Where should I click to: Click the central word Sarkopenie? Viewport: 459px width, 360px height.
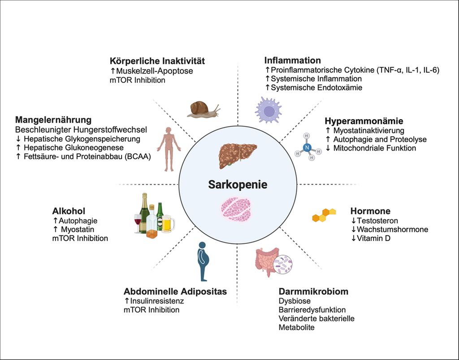pos(238,184)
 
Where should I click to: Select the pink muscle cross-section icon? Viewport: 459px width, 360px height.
pos(236,210)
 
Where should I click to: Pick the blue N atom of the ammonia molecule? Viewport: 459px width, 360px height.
pos(307,146)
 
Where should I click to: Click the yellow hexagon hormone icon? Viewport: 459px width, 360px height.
pos(324,216)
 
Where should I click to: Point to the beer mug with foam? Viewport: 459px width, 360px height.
pos(168,223)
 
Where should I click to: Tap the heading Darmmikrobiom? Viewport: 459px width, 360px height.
pos(313,292)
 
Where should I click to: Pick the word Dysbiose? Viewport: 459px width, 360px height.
pos(294,301)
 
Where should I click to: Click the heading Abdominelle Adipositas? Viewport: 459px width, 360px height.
pos(175,291)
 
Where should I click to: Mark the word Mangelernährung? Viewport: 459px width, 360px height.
pos(53,120)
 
